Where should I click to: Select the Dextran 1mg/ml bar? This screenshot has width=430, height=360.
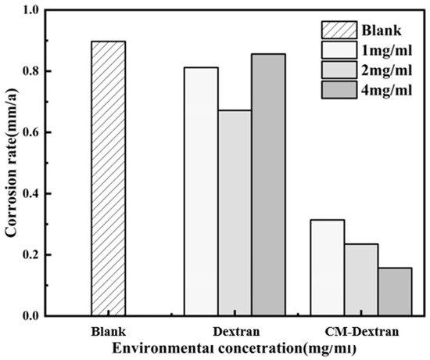click(201, 192)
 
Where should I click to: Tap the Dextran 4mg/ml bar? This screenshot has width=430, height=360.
click(268, 185)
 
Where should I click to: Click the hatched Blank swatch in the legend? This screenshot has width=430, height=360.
click(338, 31)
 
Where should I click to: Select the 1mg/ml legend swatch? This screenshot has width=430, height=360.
click(338, 52)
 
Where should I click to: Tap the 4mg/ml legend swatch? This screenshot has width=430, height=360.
click(338, 91)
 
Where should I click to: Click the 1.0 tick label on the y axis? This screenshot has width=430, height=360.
click(52, 10)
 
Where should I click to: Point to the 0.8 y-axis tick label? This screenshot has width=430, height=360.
click(52, 71)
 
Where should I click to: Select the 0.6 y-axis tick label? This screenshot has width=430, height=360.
click(52, 132)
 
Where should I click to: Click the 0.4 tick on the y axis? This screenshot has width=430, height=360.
click(52, 193)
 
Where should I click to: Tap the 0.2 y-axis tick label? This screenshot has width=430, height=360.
click(52, 255)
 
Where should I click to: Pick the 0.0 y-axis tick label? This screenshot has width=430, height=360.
click(52, 316)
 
